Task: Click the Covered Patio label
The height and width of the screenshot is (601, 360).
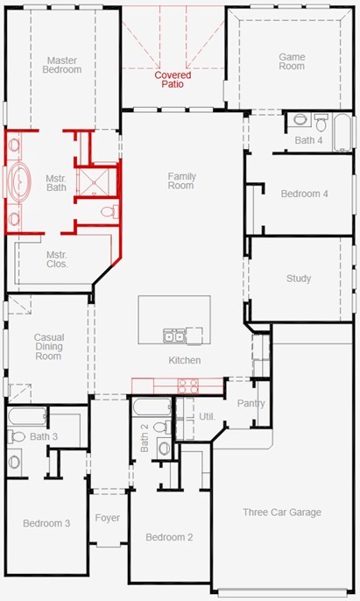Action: pos(173,80)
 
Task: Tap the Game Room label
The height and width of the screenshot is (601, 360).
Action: pos(292,61)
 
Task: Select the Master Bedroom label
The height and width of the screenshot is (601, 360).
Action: pos(62,65)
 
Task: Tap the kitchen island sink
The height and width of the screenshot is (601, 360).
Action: pos(173,336)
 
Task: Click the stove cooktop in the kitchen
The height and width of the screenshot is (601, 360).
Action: pos(188,385)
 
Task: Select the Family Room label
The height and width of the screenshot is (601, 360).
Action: pos(181,180)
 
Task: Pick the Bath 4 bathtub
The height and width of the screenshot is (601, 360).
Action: pos(342,133)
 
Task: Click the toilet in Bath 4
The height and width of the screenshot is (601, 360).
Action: pos(321,122)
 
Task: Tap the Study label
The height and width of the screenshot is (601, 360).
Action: pos(299,279)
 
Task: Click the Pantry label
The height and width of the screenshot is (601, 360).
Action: pos(251,404)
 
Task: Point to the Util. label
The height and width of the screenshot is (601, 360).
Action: pos(207,417)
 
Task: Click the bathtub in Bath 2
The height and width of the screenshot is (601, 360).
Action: pos(152,407)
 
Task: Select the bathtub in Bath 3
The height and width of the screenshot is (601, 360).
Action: pos(27,417)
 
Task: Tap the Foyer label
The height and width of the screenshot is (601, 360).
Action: pos(108,519)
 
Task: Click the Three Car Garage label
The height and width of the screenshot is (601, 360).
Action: pos(282,513)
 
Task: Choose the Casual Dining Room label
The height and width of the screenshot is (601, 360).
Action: pos(49,347)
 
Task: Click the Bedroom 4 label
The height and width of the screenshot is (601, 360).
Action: pos(305,194)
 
